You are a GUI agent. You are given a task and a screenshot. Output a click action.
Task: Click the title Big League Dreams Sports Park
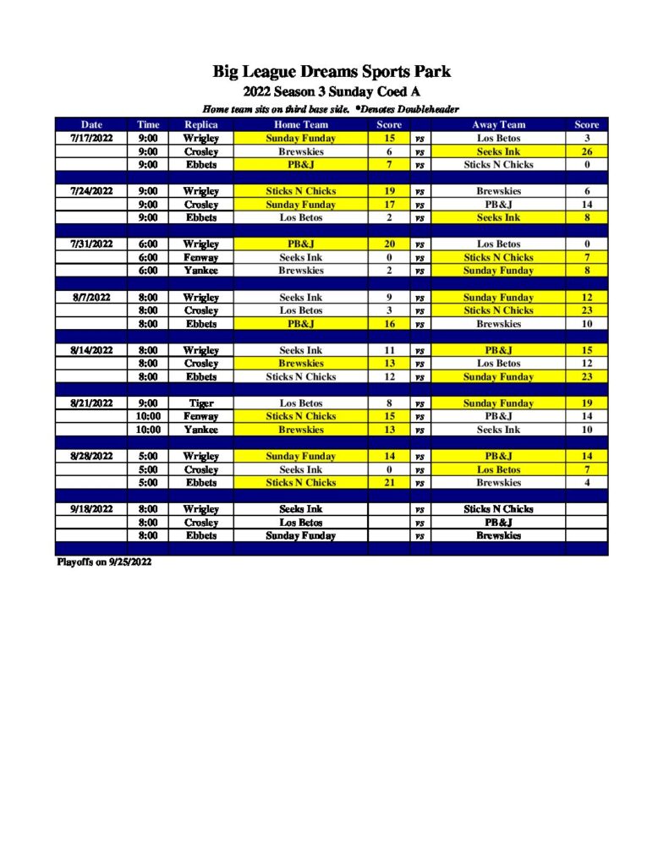point(332,72)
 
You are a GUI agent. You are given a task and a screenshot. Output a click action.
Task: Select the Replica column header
point(201,125)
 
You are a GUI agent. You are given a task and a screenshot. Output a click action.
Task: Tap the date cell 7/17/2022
point(91,139)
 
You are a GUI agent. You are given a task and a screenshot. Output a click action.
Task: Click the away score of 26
point(586,151)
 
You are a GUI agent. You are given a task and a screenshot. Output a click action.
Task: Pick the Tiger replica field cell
point(201,403)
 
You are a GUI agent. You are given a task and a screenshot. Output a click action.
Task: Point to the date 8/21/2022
point(91,403)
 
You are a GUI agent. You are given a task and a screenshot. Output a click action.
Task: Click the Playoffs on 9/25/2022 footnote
point(104,562)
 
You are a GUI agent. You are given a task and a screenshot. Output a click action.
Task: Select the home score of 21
point(389,483)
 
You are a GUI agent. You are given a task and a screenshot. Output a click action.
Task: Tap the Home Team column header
point(300,125)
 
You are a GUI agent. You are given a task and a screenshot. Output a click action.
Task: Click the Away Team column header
point(498,125)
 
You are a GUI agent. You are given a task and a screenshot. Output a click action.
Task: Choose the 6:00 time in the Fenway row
point(148,257)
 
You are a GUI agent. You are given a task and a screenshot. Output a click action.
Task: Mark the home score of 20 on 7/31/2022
point(389,244)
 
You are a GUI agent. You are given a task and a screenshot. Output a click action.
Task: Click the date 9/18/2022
point(91,509)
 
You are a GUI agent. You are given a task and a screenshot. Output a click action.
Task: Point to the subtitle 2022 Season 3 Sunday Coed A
point(332,91)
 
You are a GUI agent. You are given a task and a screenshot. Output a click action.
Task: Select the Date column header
point(91,125)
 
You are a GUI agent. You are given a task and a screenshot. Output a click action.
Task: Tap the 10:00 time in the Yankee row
point(148,430)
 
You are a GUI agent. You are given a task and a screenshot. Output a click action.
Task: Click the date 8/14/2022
point(91,350)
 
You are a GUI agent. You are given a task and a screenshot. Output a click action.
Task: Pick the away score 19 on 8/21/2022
point(586,403)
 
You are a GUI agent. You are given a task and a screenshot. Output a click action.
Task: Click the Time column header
point(148,125)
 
